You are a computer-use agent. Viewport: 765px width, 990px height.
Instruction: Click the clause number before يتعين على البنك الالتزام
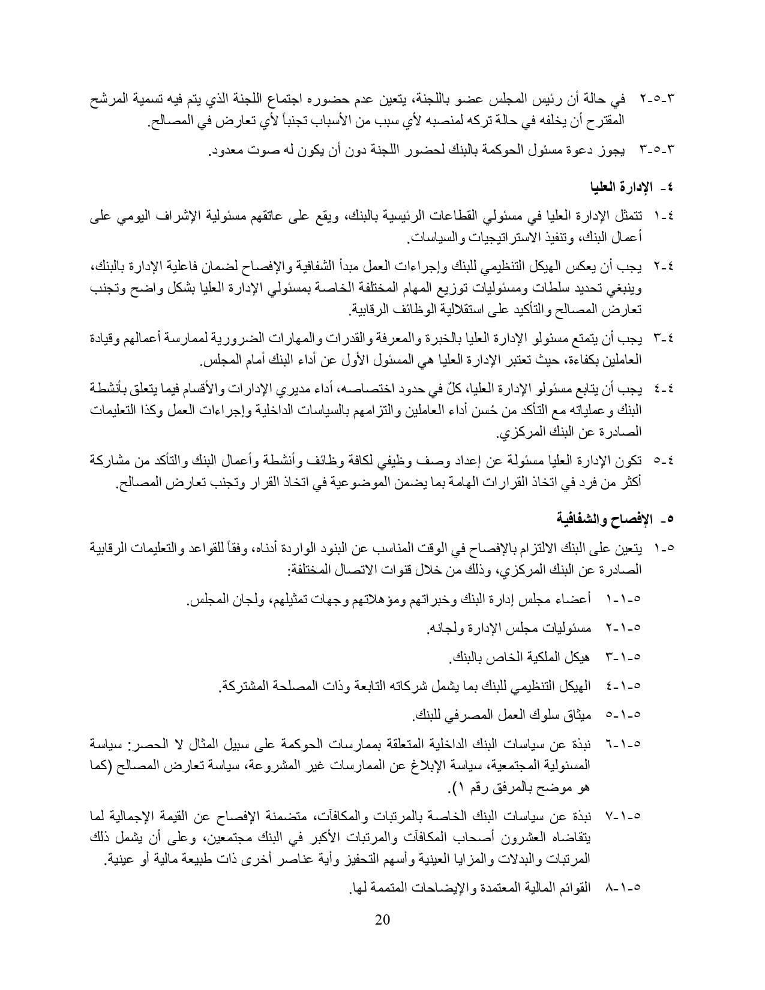click(x=665, y=548)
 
